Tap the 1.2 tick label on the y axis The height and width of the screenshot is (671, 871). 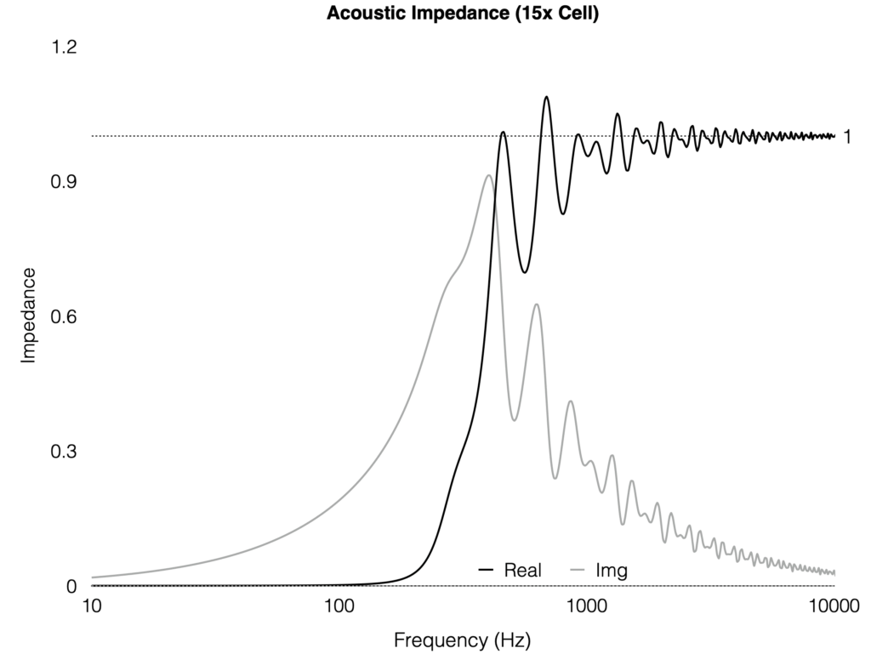pos(65,48)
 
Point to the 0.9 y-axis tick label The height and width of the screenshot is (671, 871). pos(65,182)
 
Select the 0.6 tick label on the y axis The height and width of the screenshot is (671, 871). pos(65,316)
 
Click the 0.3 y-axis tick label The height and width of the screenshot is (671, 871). pos(65,451)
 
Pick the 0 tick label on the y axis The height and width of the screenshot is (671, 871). pos(72,586)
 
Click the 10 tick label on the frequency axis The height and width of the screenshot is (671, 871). pos(92,606)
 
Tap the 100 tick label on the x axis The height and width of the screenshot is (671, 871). pos(339,606)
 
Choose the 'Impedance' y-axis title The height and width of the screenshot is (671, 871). pos(29,316)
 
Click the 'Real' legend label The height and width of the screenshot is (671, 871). pos(523,570)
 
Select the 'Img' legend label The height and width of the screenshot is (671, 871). pos(612,570)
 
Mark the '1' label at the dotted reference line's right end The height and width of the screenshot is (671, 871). pos(847,136)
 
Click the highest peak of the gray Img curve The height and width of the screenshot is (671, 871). pos(488,176)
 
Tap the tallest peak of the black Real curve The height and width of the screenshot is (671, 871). pos(546,97)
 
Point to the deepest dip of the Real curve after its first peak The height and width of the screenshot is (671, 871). pos(525,272)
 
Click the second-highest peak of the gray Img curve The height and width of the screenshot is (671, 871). pos(536,304)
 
